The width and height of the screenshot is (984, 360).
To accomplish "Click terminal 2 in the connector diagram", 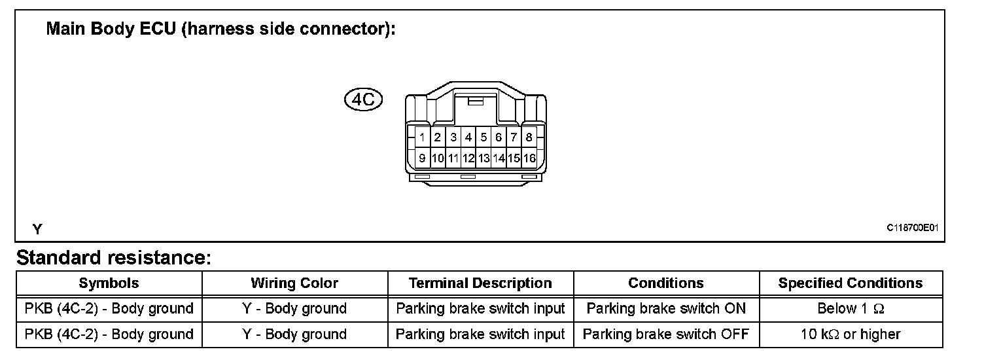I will (x=438, y=137).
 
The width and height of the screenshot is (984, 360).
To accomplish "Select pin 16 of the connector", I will (x=529, y=158).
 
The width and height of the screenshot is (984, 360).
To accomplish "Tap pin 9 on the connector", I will (x=423, y=158).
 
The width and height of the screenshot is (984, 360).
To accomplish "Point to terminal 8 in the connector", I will (x=529, y=137).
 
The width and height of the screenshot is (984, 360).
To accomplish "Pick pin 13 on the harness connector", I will (x=483, y=158).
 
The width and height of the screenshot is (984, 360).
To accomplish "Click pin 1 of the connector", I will (x=423, y=137).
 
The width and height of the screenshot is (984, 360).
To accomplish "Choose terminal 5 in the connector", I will (x=483, y=137).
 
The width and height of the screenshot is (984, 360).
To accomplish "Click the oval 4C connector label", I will (x=363, y=99).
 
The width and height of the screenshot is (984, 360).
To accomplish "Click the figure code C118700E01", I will (x=913, y=228).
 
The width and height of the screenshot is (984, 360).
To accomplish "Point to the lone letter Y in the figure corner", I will (x=37, y=229).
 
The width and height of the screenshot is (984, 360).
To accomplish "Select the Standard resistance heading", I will (x=114, y=258).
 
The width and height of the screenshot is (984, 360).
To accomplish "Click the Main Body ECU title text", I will (x=220, y=30).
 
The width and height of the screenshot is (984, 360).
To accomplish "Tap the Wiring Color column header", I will (x=294, y=283).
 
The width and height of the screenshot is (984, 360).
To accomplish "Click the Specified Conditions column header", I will (x=851, y=283).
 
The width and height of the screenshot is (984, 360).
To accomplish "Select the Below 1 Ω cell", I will (x=851, y=308).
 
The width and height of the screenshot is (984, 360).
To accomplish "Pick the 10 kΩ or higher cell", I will (x=851, y=334).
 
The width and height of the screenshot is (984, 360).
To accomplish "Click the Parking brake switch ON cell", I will (x=666, y=308).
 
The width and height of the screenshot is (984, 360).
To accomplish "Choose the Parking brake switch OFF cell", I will (x=666, y=334).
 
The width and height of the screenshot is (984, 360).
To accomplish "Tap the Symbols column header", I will (x=109, y=283).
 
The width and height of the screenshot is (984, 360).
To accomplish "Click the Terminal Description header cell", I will (x=480, y=283).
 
